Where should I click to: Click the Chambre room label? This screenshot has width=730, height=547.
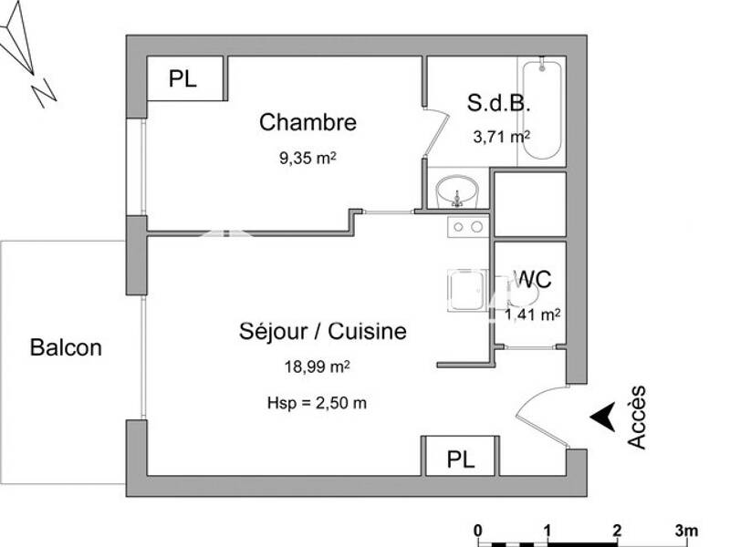tap(308, 122)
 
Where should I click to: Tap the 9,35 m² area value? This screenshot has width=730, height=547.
tap(308, 157)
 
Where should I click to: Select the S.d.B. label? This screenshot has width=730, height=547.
tap(499, 103)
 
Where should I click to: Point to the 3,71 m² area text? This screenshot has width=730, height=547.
tap(501, 138)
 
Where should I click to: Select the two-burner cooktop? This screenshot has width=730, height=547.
tap(468, 226)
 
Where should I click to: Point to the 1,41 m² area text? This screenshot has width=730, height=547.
tap(532, 315)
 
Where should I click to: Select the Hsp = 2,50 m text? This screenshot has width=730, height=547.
tap(316, 403)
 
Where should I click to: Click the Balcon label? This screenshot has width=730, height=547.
tap(66, 347)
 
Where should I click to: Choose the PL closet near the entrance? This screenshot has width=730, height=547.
tap(460, 459)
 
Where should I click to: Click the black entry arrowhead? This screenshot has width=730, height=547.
tap(601, 416)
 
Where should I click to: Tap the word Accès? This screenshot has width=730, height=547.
tap(637, 417)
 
